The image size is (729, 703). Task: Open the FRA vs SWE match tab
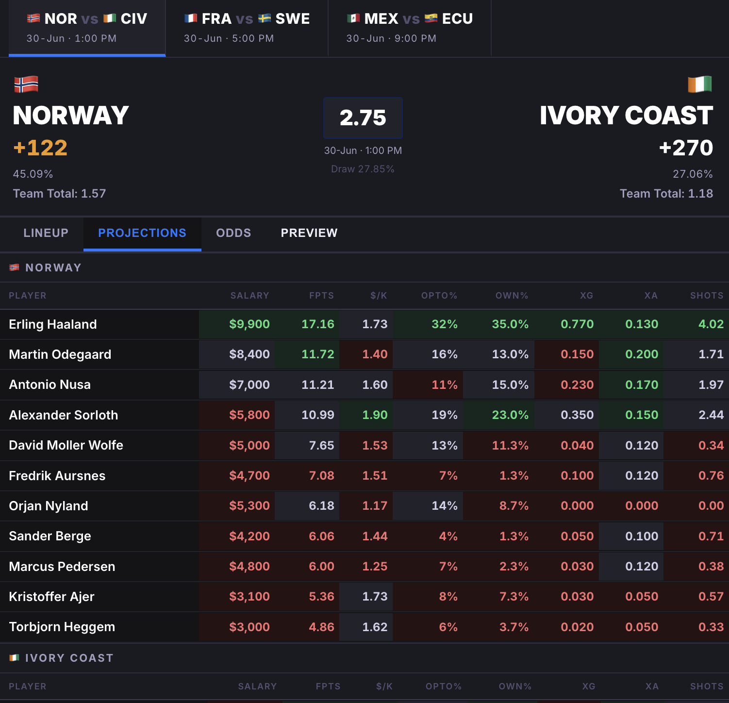click(x=247, y=28)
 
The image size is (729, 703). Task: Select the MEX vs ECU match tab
click(x=410, y=28)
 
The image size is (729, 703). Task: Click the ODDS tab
click(x=233, y=233)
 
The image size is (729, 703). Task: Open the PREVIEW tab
click(x=309, y=233)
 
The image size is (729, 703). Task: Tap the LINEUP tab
click(x=46, y=233)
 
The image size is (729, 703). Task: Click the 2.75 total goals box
click(x=363, y=118)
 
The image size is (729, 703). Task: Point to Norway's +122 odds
click(x=40, y=148)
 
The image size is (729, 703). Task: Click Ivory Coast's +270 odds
click(x=686, y=148)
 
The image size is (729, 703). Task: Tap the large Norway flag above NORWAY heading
click(x=26, y=84)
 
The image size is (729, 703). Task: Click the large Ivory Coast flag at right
click(x=700, y=84)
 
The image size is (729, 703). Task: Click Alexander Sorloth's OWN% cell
click(x=499, y=415)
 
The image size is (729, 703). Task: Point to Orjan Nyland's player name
click(x=49, y=506)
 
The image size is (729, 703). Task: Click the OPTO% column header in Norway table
click(x=439, y=296)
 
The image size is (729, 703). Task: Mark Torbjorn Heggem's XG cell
click(x=567, y=627)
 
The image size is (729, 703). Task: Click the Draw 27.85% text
click(x=363, y=169)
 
